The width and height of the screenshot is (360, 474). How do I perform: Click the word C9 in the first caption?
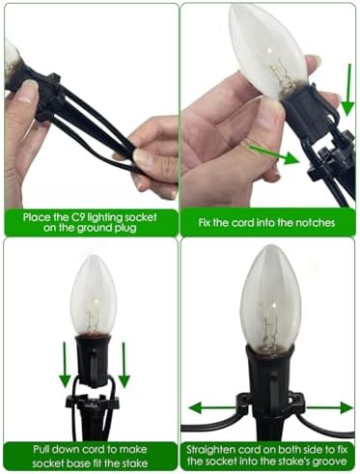click(78, 217)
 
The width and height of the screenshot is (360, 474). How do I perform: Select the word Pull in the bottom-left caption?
click(42, 449)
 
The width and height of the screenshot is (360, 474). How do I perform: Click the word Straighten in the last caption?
click(210, 450)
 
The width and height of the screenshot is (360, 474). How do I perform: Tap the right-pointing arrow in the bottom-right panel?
click(330, 408)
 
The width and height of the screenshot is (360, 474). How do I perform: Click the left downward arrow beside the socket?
click(65, 365)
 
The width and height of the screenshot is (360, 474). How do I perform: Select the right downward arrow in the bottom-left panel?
click(124, 365)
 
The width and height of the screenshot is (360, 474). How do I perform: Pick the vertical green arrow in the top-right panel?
click(347, 90)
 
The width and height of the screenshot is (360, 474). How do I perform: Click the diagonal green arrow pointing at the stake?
click(274, 154)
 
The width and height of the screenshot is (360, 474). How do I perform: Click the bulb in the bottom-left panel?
click(94, 296)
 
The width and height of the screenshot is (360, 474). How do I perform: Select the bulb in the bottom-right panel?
click(271, 297)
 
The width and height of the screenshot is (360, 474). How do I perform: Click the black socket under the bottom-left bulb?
click(94, 360)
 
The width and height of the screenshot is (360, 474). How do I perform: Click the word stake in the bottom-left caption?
click(133, 463)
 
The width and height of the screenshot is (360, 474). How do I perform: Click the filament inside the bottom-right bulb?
click(269, 331)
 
